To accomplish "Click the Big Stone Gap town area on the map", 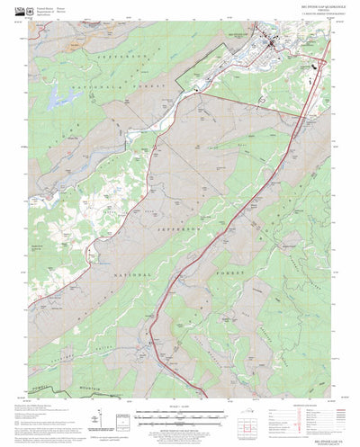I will pos(270,40).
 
